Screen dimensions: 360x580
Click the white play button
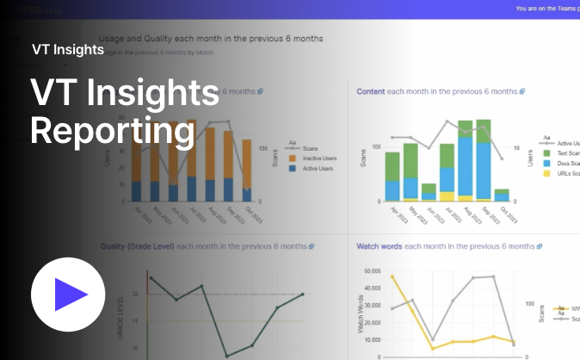68,295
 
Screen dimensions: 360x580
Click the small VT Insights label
68,49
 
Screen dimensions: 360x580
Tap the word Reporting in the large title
112,131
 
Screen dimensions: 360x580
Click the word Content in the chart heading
370,91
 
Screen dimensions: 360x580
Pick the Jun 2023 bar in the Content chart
429,192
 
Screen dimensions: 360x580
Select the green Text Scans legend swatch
546,152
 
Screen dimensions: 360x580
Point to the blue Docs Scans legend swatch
546,162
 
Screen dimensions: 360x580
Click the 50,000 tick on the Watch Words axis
373,270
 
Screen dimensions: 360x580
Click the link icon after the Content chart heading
522,91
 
